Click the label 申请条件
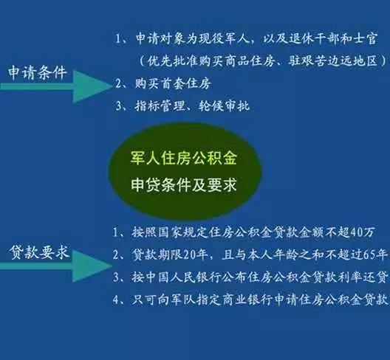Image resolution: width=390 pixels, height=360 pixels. coord(38,73)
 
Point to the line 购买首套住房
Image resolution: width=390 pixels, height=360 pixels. coord(174,83)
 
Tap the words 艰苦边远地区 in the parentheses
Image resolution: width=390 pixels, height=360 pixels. coord(344,60)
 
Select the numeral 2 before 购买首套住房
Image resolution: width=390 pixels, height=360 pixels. coord(120,83)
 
